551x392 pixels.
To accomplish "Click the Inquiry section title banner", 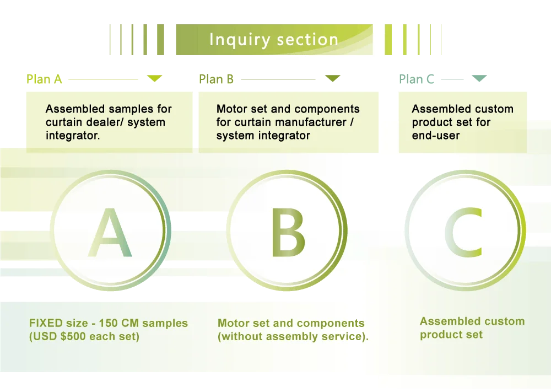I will [274, 40].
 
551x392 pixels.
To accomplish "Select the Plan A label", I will [44, 79].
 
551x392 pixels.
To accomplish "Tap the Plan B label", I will [217, 79].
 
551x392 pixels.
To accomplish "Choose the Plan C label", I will [417, 79].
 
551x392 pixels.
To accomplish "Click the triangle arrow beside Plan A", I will [155, 79].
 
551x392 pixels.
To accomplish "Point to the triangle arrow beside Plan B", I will [332, 79].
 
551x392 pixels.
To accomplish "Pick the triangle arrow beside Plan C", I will [480, 79].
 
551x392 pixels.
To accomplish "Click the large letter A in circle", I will [110, 233].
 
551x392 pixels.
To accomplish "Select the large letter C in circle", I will [464, 233].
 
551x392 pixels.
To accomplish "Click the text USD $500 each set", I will [84, 336].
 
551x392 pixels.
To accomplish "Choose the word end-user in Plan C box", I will [436, 136].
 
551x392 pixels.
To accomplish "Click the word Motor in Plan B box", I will [231, 109].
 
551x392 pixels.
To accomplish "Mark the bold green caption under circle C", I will [472, 328].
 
